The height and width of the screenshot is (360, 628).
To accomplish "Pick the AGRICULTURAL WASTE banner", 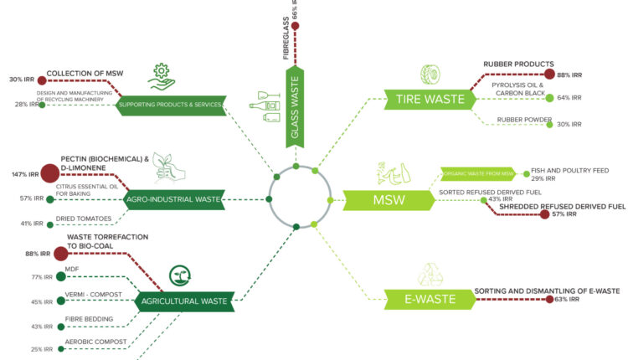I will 183,299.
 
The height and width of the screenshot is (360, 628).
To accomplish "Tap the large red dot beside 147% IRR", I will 49,174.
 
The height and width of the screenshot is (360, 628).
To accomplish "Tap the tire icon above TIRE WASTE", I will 430,74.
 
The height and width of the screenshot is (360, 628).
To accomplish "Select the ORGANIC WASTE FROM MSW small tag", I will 477,173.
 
